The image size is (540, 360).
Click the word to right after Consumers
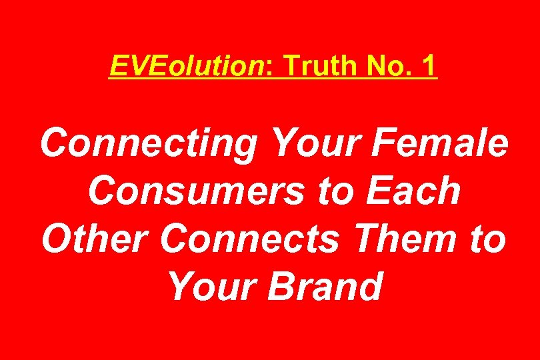pos(336,192)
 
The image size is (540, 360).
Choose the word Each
pos(411,191)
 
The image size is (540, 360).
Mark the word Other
pos(96,239)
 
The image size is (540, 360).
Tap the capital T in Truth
pos(292,66)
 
